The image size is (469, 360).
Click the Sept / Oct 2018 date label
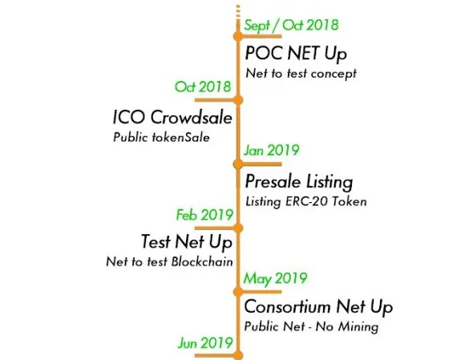[291, 25]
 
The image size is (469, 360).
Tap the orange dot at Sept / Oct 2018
[238, 37]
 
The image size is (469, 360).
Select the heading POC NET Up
[296, 54]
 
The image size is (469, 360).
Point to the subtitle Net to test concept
[301, 74]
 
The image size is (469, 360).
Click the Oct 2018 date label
[203, 87]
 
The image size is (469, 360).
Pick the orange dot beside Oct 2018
[238, 100]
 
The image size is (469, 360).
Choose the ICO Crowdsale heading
[172, 117]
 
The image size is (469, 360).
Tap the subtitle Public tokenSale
[161, 137]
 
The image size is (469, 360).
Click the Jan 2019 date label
[272, 150]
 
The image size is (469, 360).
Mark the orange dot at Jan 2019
[238, 164]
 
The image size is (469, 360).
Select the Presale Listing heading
[299, 182]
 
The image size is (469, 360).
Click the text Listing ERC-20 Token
[306, 201]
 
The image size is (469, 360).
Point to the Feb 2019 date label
[204, 215]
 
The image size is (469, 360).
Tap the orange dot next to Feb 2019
[238, 228]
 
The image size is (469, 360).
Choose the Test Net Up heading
[187, 242]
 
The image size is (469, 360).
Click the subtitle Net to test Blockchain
[170, 262]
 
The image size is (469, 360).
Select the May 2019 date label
[275, 278]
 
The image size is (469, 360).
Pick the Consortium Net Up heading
[318, 307]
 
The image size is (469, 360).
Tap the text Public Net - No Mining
[311, 326]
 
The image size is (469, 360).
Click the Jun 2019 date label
[205, 343]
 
